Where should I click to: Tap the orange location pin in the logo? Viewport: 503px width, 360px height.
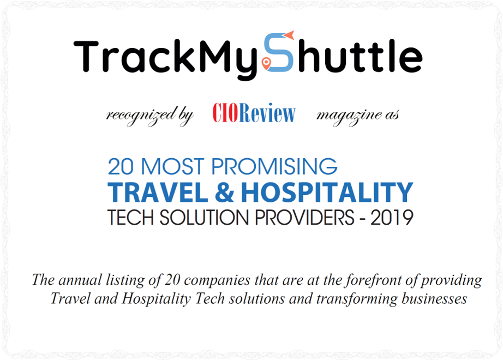[266, 63]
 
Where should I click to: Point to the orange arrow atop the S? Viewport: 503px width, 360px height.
[289, 35]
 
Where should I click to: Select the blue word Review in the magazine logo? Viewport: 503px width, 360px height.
[267, 112]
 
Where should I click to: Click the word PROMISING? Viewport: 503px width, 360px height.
[274, 166]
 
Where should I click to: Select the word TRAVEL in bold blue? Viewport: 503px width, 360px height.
[158, 193]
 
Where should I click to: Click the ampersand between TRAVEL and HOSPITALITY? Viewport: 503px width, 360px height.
[224, 193]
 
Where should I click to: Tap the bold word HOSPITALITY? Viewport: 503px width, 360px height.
[327, 193]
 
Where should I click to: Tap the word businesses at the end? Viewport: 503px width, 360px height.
[434, 299]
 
